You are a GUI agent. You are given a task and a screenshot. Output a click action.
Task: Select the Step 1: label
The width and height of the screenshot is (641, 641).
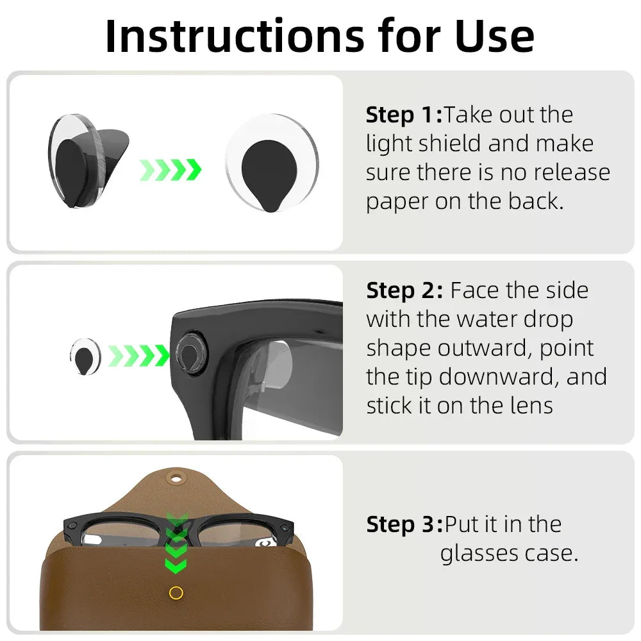click(404, 115)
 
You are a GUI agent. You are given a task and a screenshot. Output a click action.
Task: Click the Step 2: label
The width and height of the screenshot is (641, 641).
click(404, 290)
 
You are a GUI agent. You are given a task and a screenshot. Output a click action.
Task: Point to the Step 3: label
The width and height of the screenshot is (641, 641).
click(404, 524)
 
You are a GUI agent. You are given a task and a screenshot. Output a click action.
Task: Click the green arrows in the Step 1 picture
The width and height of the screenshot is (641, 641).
click(171, 170)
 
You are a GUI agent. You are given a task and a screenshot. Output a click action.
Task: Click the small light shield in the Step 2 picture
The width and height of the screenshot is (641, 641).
click(85, 356)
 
